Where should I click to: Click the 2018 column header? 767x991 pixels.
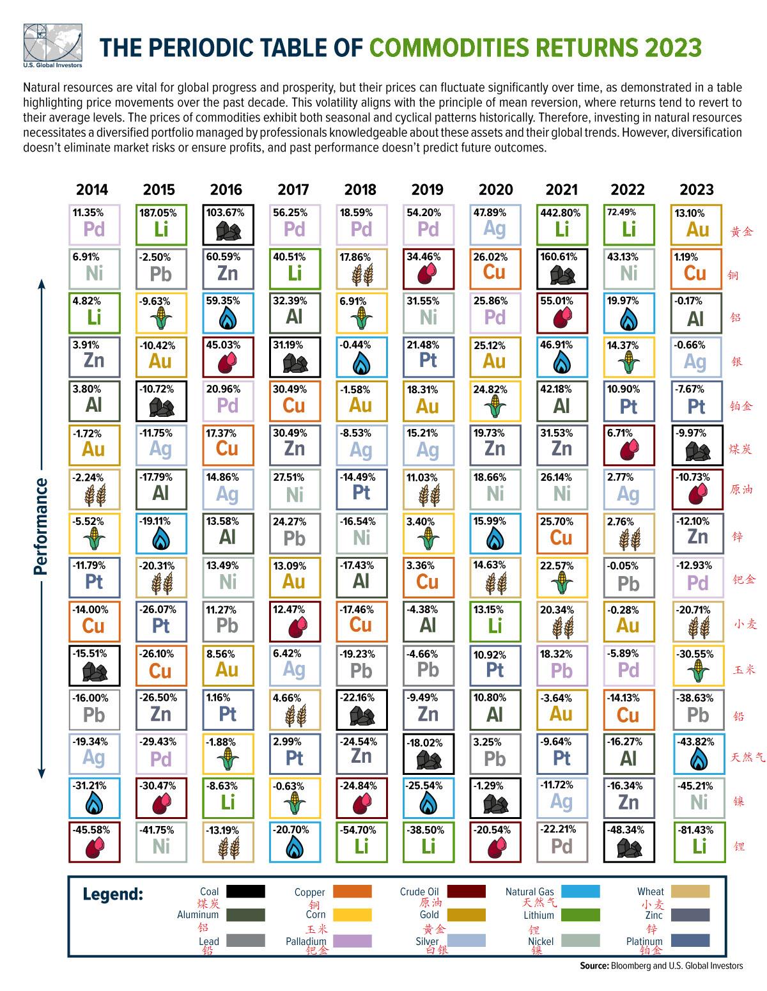pos(360,189)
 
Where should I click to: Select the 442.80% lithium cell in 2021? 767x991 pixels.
pos(562,224)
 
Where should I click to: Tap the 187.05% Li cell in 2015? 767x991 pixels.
pos(160,224)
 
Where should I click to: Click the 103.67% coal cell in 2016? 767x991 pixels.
pos(228,224)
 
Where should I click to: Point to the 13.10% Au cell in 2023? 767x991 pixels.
pos(697,224)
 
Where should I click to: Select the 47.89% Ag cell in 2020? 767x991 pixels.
pos(495,224)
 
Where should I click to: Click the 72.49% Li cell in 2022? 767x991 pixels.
pos(629,224)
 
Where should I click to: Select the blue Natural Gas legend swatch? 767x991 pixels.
pos(579,891)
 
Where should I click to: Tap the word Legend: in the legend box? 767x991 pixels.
pos(113,894)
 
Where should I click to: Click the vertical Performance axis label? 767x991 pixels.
pos(42,526)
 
